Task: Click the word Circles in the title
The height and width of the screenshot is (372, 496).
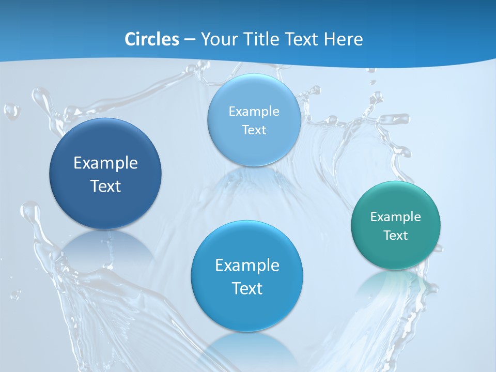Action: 152,39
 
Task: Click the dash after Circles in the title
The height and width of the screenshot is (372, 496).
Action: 190,40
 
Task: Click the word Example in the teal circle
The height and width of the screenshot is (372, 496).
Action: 396,217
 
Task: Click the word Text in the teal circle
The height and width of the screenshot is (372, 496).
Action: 396,236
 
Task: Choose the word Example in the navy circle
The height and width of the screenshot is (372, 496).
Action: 105,163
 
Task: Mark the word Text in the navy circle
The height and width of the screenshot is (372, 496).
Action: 105,186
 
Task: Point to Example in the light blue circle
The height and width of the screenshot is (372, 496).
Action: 254,112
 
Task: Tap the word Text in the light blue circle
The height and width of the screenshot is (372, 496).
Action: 254,130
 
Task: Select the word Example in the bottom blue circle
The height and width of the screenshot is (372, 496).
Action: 247,266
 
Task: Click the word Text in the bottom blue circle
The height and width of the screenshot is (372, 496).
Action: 247,288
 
